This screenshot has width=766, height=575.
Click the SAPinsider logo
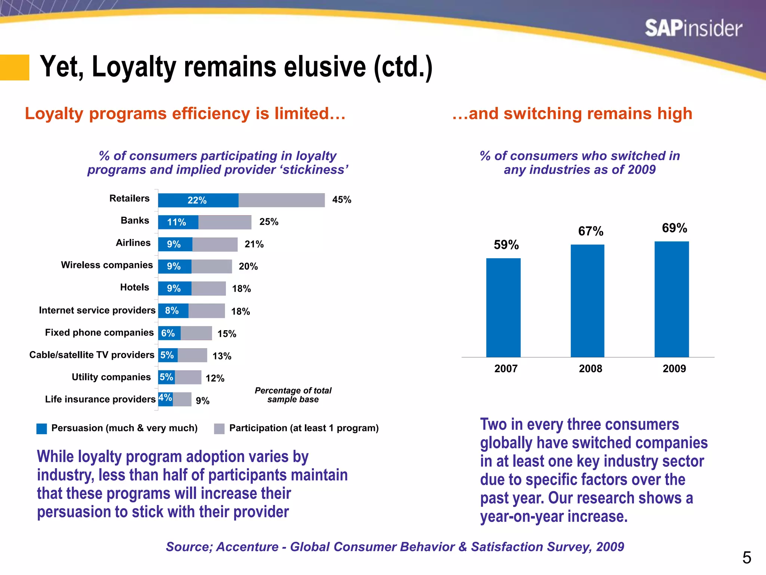pyautogui.click(x=693, y=28)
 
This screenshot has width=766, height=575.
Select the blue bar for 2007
pyautogui.click(x=503, y=308)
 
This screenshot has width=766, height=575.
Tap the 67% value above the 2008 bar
pyautogui.click(x=591, y=231)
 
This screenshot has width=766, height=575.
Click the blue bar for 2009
pyautogui.click(x=671, y=299)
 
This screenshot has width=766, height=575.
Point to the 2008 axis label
pyautogui.click(x=590, y=369)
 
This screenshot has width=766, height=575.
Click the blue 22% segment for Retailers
pyautogui.click(x=198, y=200)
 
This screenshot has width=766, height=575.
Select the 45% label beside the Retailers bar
pyautogui.click(x=341, y=200)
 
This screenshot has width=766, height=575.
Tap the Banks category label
pyautogui.click(x=135, y=220)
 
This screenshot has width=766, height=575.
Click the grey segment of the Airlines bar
pyautogui.click(x=215, y=244)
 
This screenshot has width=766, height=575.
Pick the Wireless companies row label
pyautogui.click(x=107, y=265)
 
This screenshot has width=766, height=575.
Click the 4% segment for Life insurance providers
pyautogui.click(x=165, y=398)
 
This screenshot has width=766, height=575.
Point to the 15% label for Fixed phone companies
pyautogui.click(x=227, y=334)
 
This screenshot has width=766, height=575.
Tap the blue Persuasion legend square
pyautogui.click(x=42, y=429)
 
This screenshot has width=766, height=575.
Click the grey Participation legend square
pyautogui.click(x=219, y=429)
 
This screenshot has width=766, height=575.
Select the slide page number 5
pyautogui.click(x=747, y=558)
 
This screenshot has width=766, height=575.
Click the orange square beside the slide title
pyautogui.click(x=14, y=67)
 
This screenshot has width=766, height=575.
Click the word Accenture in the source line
pyautogui.click(x=247, y=547)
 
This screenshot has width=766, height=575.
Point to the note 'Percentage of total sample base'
pyautogui.click(x=293, y=395)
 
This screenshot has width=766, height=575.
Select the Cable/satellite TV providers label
pyautogui.click(x=92, y=355)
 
